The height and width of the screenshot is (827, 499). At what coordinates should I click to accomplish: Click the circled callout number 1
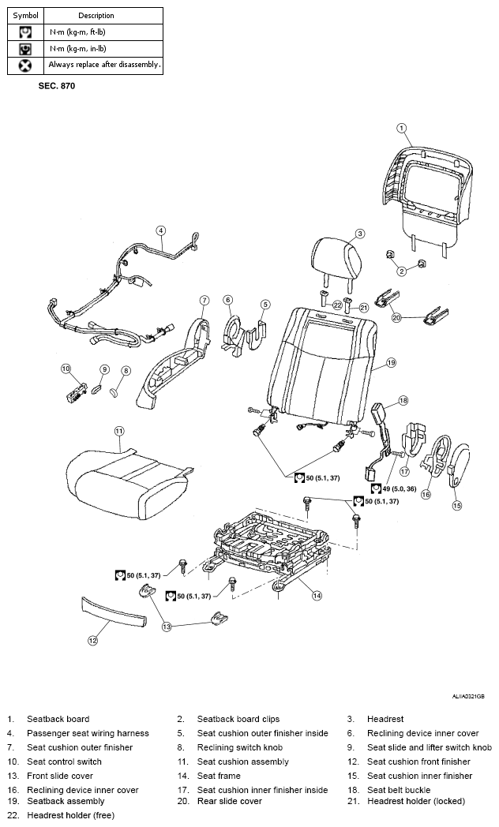pyautogui.click(x=401, y=128)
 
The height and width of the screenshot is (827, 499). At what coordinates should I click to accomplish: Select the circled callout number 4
pyautogui.click(x=161, y=230)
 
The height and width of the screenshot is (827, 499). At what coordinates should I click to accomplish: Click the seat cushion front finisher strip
pyautogui.click(x=114, y=612)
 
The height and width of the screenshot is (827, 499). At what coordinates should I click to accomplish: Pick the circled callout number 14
pyautogui.click(x=317, y=596)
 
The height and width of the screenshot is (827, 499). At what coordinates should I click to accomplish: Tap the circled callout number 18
pyautogui.click(x=403, y=401)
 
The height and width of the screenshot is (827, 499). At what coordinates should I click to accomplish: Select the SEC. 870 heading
pyautogui.click(x=56, y=86)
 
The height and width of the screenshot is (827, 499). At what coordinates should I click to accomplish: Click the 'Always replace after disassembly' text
pyautogui.click(x=104, y=65)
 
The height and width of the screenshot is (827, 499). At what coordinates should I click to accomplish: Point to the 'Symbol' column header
pyautogui.click(x=25, y=15)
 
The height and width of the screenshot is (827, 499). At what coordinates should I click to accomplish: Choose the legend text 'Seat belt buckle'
pyautogui.click(x=399, y=790)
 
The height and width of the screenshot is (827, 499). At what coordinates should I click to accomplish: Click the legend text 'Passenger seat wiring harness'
pyautogui.click(x=88, y=733)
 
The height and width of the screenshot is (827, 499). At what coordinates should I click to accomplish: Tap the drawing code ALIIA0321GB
pyautogui.click(x=468, y=697)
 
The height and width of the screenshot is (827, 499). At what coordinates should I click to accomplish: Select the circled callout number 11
pyautogui.click(x=119, y=431)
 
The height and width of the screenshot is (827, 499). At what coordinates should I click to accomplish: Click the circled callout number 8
pyautogui.click(x=126, y=372)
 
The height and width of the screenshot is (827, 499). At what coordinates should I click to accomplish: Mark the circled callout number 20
pyautogui.click(x=396, y=317)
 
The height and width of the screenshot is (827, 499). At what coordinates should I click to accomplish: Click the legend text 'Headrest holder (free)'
pyautogui.click(x=71, y=815)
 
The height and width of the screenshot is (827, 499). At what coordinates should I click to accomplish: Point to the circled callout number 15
pyautogui.click(x=457, y=505)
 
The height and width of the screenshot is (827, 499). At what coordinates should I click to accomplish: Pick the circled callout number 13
pyautogui.click(x=167, y=627)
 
